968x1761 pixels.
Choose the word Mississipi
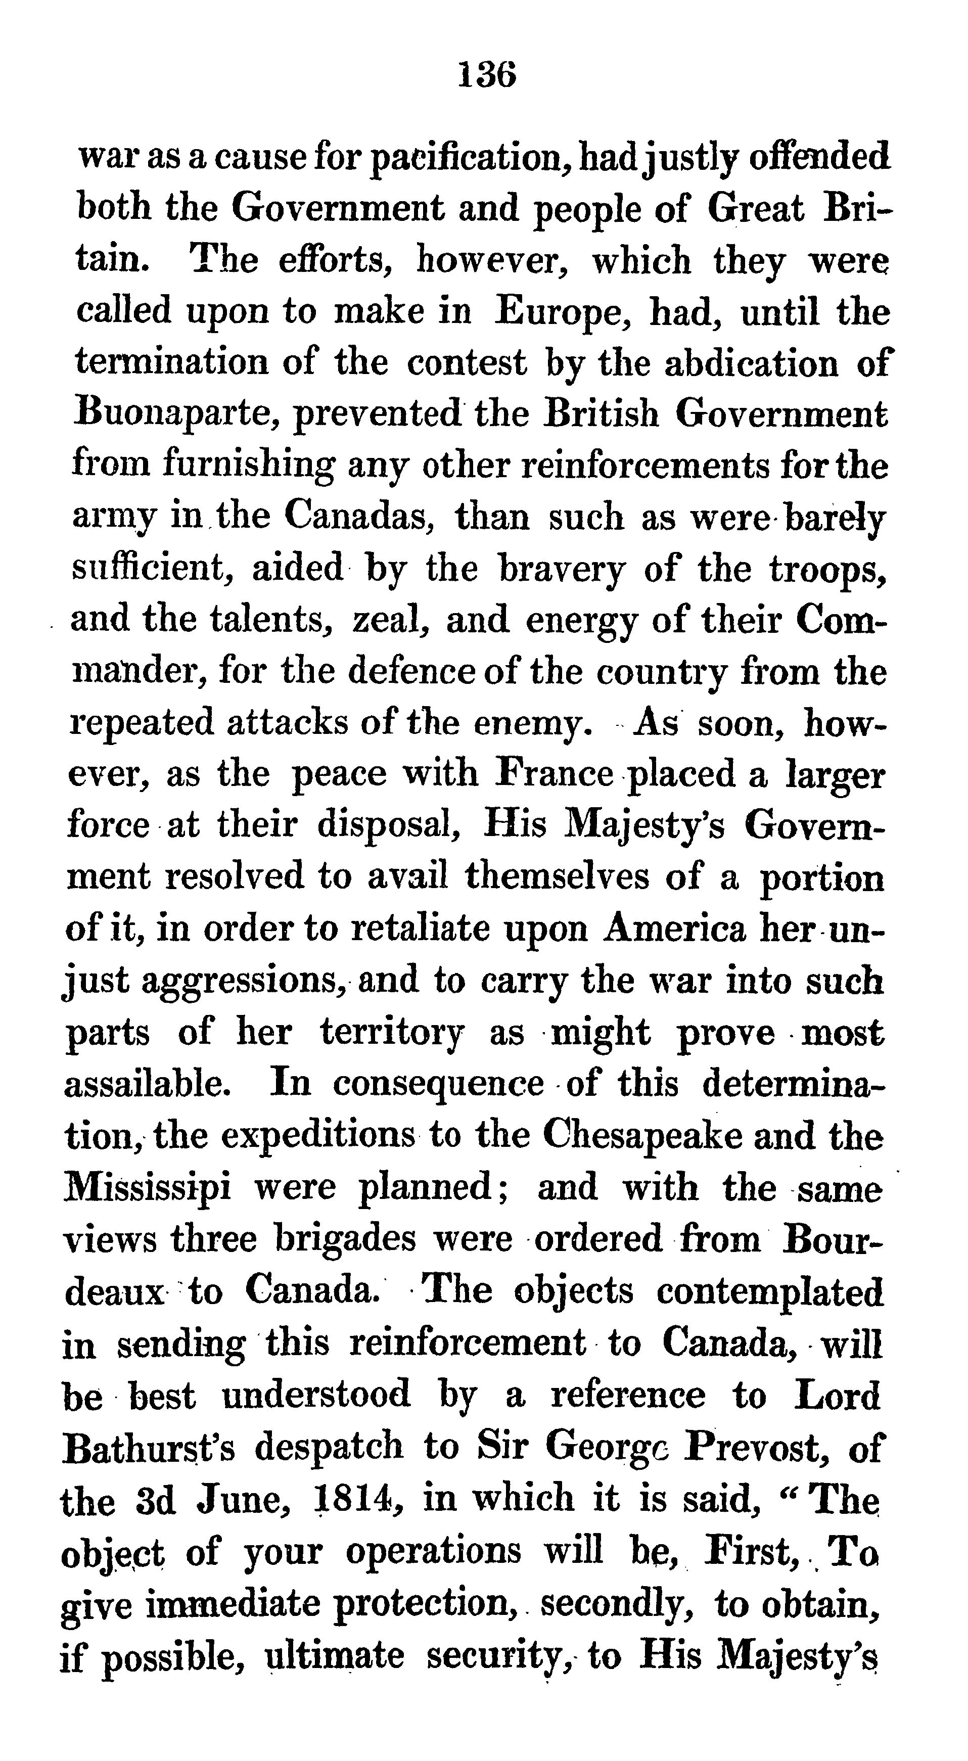click(147, 1187)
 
